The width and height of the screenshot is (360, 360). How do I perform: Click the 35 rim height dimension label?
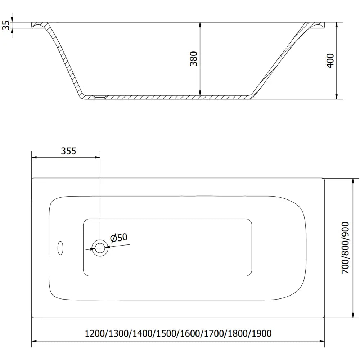coord(5,25)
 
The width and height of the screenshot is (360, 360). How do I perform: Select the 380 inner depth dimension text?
coord(194,59)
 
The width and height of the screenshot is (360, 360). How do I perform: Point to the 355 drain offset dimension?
coord(68,151)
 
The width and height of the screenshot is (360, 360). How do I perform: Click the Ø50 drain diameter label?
coord(119,238)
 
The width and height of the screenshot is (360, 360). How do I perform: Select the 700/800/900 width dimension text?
coord(346,248)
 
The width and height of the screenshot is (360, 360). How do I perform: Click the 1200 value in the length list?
coord(94,334)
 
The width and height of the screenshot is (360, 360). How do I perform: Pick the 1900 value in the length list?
coord(261,334)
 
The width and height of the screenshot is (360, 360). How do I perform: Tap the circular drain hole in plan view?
coord(100,248)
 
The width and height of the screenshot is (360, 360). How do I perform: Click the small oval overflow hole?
coord(60,248)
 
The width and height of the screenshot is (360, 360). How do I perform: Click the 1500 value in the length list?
coord(166,334)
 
